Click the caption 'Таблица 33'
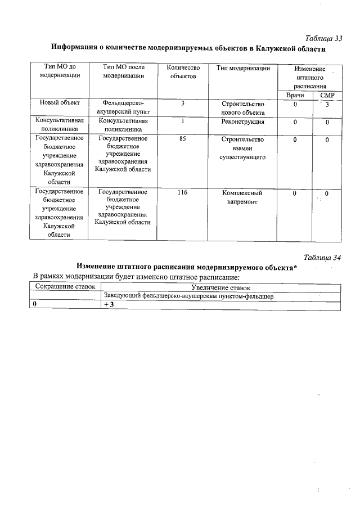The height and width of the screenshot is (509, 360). point(324,38)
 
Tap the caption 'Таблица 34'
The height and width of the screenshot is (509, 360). point(323,258)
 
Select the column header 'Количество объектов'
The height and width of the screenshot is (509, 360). point(183,72)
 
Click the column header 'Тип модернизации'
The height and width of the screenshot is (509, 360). point(242,68)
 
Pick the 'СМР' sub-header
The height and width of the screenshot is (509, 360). point(327,96)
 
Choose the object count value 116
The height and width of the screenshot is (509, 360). point(182,192)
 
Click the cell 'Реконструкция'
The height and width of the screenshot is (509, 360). point(242,121)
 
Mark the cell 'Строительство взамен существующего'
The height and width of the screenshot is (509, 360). point(242,148)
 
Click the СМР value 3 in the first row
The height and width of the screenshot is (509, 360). point(327,105)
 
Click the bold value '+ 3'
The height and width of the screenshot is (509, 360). point(109,304)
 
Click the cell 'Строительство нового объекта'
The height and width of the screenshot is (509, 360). point(242,108)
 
